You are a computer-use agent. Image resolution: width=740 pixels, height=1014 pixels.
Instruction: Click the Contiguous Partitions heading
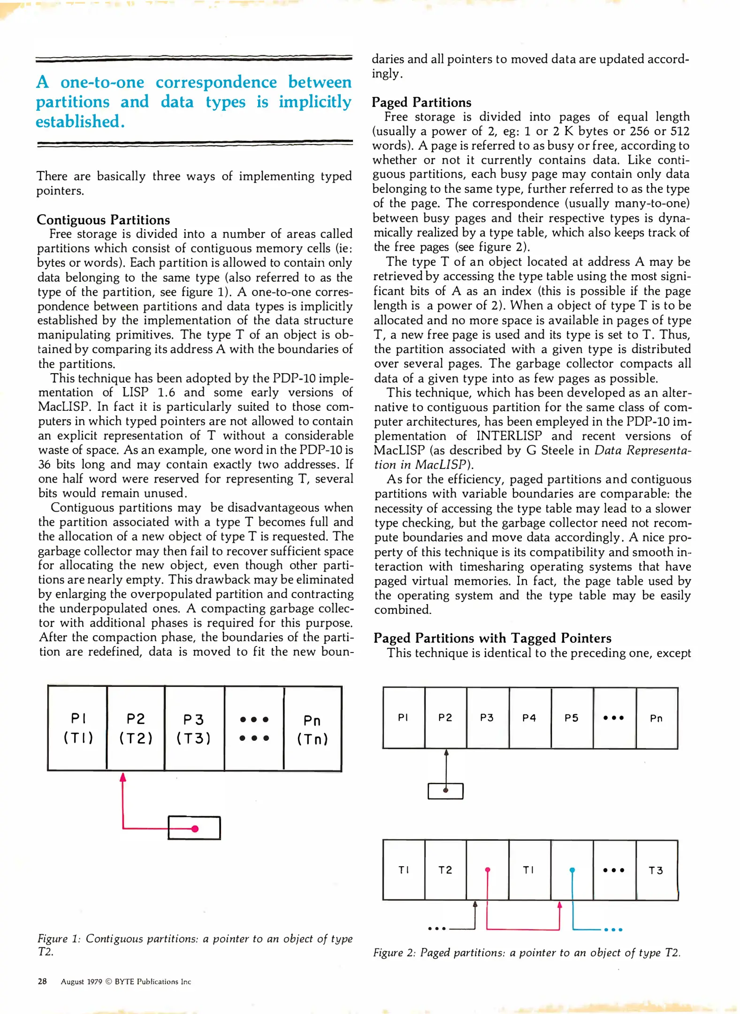click(103, 220)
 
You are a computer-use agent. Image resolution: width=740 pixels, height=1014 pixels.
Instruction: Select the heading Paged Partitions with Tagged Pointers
click(492, 638)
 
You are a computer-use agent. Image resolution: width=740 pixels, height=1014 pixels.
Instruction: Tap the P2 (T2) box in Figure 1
click(136, 728)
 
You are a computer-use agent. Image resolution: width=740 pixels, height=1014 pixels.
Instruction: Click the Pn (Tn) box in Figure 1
click(313, 729)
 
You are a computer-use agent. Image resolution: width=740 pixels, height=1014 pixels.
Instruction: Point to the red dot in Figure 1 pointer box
click(195, 829)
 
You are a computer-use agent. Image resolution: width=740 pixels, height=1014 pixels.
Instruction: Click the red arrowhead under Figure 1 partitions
click(123, 778)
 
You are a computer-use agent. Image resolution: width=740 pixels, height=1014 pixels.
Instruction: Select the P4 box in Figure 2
click(530, 718)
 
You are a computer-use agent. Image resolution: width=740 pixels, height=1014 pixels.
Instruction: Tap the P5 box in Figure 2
click(572, 718)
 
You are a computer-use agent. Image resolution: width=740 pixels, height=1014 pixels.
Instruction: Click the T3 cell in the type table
click(656, 870)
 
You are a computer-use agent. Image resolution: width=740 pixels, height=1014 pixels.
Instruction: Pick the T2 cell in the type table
click(445, 870)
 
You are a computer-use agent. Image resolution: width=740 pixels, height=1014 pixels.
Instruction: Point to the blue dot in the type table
click(572, 870)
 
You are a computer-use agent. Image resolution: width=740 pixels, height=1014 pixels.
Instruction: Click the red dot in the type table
click(488, 870)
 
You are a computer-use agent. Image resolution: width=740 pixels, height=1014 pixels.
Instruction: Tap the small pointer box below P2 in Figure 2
click(445, 791)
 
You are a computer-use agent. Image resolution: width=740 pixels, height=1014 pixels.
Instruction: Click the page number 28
click(42, 981)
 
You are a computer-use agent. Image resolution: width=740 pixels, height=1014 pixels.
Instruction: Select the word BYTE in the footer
click(125, 982)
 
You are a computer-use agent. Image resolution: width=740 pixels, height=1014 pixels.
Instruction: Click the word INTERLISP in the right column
click(509, 436)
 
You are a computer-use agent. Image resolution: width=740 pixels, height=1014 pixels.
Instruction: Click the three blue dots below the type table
click(613, 929)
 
